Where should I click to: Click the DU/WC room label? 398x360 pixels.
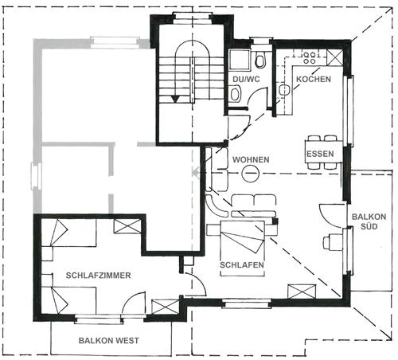pyautogui.click(x=246, y=80)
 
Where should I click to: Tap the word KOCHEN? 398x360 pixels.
pyautogui.click(x=314, y=79)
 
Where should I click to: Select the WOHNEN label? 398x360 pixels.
pyautogui.click(x=251, y=159)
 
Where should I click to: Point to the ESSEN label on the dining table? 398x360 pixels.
pyautogui.click(x=320, y=154)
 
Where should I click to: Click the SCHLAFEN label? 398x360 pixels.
pyautogui.click(x=242, y=265)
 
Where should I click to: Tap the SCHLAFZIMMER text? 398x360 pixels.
pyautogui.click(x=98, y=276)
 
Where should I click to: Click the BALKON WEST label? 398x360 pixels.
pyautogui.click(x=109, y=340)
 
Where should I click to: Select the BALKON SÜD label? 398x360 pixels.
pyautogui.click(x=369, y=221)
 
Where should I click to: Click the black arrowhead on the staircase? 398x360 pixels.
pyautogui.click(x=175, y=100)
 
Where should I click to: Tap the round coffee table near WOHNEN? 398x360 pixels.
pyautogui.click(x=250, y=173)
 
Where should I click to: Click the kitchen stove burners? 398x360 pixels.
pyautogui.click(x=310, y=58)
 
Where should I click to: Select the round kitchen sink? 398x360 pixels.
pyautogui.click(x=284, y=90)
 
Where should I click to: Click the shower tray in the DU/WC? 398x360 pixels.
pyautogui.click(x=240, y=60)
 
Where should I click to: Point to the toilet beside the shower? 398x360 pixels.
pyautogui.click(x=259, y=60)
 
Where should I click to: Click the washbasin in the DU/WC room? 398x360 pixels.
pyautogui.click(x=235, y=93)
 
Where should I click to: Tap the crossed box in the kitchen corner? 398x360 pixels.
pyautogui.click(x=334, y=57)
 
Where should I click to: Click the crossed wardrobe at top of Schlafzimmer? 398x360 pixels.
pyautogui.click(x=127, y=226)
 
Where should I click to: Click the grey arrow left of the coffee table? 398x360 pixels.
pyautogui.click(x=196, y=173)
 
